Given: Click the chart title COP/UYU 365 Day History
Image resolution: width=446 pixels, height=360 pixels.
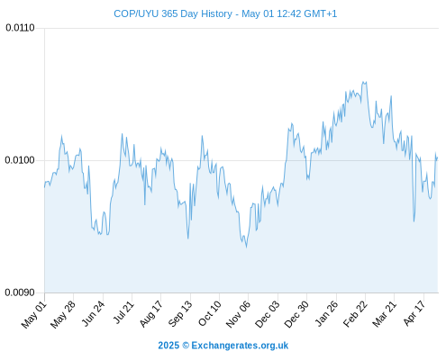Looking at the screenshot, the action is coord(173,13).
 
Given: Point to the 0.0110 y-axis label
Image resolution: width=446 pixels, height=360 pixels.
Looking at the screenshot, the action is coord(20,28).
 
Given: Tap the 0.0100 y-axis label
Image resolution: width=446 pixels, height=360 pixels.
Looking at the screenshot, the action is coord(20,160).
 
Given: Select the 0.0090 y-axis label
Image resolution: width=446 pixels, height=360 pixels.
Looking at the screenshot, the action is coord(20,292).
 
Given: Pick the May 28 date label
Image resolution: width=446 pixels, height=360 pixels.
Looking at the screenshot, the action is coord(63,314).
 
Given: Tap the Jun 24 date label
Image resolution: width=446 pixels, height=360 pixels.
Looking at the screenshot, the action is coord(93,313).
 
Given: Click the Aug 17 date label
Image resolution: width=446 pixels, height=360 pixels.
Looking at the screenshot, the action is coord(151,313).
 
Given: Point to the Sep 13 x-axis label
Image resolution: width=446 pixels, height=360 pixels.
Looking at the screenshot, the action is coord(180,313).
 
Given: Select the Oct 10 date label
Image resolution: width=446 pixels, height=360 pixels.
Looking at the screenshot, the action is coord(210,313).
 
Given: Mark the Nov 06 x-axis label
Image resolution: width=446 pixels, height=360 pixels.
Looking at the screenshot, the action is coord(238,314).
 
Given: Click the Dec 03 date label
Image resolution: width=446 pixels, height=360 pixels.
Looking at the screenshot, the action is coord(267,314).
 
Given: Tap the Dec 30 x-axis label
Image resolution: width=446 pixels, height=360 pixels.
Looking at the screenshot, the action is coord(296,314).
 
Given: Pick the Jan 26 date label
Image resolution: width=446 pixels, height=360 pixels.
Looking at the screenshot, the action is coord(326,313).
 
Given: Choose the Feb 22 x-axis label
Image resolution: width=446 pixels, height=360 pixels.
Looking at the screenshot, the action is coord(355,313).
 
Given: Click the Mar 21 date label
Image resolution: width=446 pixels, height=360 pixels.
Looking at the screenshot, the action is coord(385,313).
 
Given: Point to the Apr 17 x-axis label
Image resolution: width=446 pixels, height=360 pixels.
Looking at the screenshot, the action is coord(414,313).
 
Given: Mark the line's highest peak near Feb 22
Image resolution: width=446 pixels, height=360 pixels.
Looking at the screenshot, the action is coord(363,82).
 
